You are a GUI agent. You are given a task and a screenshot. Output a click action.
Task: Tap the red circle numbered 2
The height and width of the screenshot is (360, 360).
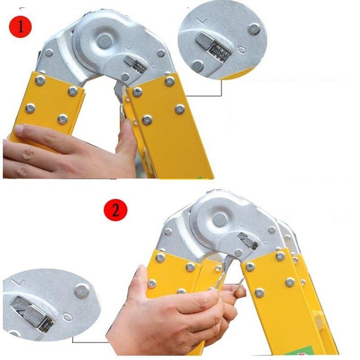click(116, 211)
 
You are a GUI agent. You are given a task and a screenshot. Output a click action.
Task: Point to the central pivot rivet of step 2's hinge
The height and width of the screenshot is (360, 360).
click(219, 220)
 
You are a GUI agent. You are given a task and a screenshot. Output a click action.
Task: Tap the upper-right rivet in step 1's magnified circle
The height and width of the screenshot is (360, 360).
click(254, 28)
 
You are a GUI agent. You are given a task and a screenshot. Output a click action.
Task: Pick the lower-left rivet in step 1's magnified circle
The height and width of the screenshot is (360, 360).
click(197, 67)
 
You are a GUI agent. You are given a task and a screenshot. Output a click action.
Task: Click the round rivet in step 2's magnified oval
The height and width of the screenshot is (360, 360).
click(81, 290)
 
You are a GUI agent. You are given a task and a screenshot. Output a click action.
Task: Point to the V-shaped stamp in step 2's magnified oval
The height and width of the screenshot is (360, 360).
click(19, 282)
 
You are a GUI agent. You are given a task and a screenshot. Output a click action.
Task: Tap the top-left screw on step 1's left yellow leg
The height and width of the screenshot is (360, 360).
click(40, 81)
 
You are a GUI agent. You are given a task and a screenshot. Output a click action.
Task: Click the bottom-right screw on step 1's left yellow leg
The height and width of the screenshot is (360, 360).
click(63, 119)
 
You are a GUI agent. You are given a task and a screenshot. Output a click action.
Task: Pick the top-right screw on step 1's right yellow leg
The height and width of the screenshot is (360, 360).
click(170, 81)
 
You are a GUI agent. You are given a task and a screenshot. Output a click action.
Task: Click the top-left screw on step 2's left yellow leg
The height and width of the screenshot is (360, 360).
click(160, 258)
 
